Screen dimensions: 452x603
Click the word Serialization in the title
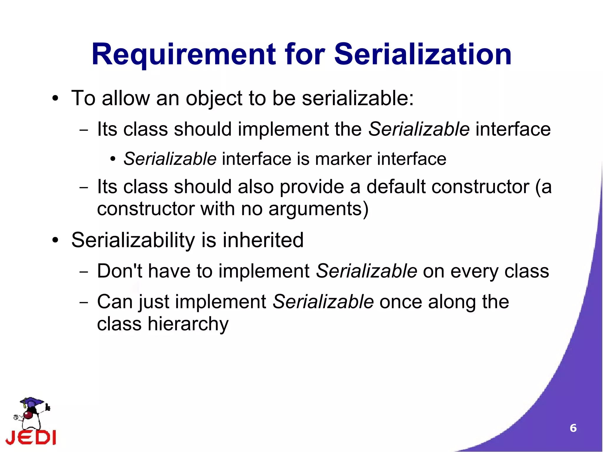pos(423,54)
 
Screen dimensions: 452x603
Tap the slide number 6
pos(573,428)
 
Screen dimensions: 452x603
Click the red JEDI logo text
pos(31,437)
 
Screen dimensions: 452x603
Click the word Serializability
pos(133,240)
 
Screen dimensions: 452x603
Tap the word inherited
pos(263,240)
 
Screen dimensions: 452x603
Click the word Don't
pos(120,271)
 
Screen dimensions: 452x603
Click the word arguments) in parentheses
pos(318,209)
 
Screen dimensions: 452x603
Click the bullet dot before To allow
pos(55,99)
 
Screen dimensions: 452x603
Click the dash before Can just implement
pos(84,302)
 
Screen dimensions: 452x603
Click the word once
pos(401,302)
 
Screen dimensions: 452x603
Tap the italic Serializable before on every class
pos(366,271)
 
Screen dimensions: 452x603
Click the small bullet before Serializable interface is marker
pos(113,160)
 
